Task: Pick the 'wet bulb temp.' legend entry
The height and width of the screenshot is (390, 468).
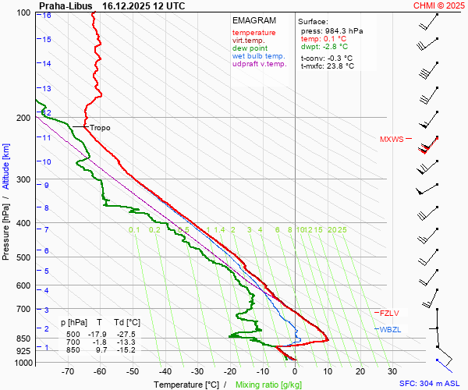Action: tap(258, 57)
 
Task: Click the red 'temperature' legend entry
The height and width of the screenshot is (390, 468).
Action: tap(253, 33)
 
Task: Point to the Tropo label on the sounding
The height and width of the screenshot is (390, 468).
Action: tap(100, 127)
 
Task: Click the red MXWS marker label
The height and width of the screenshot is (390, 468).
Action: tap(392, 140)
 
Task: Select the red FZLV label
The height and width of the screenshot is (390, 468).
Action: tap(390, 313)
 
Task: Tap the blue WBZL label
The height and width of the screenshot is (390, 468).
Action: tap(390, 330)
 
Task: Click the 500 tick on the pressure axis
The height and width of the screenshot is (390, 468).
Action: tap(23, 257)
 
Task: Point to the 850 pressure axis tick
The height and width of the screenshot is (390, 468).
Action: tap(23, 339)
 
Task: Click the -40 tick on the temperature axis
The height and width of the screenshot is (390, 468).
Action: tap(165, 372)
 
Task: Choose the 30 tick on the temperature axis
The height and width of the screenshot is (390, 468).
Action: tap(392, 372)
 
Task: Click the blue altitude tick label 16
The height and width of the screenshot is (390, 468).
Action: tap(47, 16)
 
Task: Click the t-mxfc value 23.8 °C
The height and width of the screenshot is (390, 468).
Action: tap(338, 66)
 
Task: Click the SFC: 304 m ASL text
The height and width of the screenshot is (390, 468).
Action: tap(430, 384)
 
